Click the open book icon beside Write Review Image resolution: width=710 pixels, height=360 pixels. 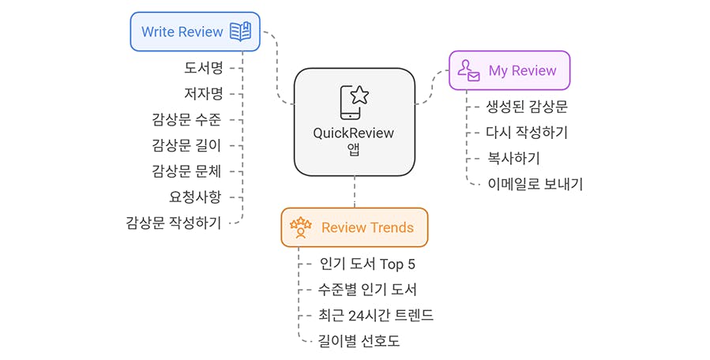tap(240, 32)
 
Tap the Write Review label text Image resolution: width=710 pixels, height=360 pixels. tap(182, 32)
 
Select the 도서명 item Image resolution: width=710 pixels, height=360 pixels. tap(204, 68)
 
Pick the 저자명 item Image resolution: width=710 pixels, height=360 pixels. tap(204, 94)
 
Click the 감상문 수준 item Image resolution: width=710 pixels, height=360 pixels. tap(186, 119)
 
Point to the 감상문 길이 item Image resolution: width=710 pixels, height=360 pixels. tap(186, 145)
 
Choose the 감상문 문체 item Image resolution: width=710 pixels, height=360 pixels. tap(186, 171)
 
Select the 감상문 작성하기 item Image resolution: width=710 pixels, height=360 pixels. tap(174, 223)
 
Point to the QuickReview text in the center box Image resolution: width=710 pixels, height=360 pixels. tap(353, 133)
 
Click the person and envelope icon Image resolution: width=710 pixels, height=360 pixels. tap(468, 71)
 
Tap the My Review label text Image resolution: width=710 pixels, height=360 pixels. tap(522, 71)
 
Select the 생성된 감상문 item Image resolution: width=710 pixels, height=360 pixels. tap(527, 107)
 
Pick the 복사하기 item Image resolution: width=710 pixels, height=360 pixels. tap(513, 158)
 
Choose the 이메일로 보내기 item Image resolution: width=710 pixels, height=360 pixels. tap(535, 184)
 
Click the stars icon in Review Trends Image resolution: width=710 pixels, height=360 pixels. tap(301, 227)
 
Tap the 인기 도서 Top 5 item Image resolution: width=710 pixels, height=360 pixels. tap(367, 263)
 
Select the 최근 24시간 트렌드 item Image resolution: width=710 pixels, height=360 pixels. tap(376, 315)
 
